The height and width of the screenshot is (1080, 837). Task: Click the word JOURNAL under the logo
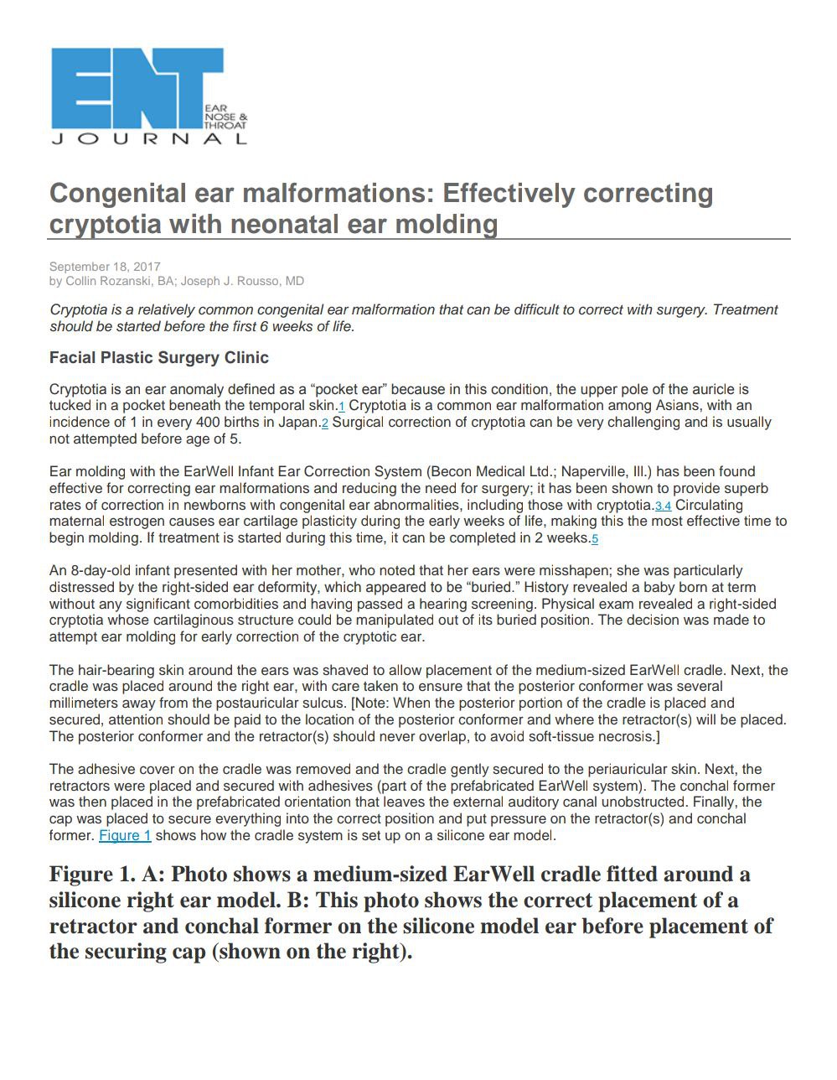tap(149, 139)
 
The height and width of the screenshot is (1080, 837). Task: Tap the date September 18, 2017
tap(105, 267)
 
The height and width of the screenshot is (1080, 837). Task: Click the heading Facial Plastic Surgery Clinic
tap(159, 358)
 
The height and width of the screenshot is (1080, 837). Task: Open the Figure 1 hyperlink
tap(125, 836)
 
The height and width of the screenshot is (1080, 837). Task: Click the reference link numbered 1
tap(342, 407)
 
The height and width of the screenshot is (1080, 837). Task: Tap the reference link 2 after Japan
tap(325, 423)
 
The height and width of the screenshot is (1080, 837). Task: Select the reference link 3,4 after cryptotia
tap(663, 506)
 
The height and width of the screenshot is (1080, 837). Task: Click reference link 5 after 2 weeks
tap(595, 539)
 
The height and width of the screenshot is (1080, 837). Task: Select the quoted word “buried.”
tap(490, 588)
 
